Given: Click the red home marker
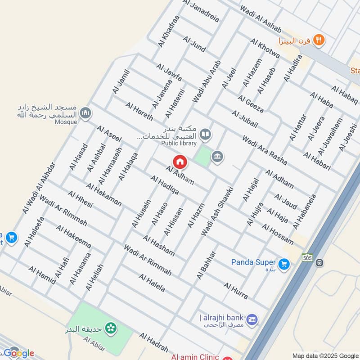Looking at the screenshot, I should (x=180, y=162).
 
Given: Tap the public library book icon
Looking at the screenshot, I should (x=205, y=134).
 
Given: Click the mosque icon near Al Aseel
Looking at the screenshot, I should (x=85, y=112).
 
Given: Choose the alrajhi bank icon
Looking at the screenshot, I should (x=252, y=319).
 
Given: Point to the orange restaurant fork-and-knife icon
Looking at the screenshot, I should (x=319, y=40).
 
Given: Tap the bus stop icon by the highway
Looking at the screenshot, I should (x=319, y=262).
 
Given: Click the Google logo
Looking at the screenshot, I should (x=19, y=353).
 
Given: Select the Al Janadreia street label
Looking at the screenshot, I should (x=201, y=11).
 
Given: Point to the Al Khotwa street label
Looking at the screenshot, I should (x=265, y=49).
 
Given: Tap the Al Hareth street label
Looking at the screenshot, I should (x=139, y=112).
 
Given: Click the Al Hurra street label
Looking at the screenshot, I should (x=235, y=291).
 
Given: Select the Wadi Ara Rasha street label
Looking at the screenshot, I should (x=264, y=148).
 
